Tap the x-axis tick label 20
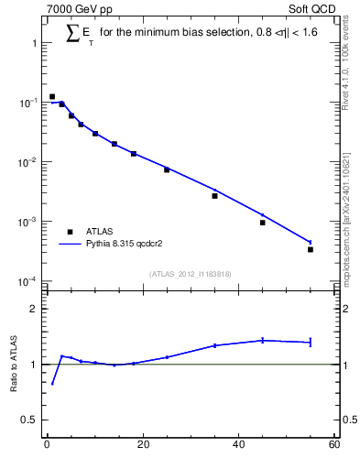click(142, 446)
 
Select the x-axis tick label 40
click(238, 446)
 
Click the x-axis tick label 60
click(333, 446)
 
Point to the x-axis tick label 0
click(47, 446)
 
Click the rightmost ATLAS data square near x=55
click(311, 249)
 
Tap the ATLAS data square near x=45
click(262, 223)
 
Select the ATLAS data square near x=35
click(214, 195)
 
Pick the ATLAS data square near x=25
click(167, 169)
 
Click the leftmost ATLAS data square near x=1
click(52, 96)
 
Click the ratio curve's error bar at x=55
click(311, 342)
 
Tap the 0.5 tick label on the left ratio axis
click(32, 420)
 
